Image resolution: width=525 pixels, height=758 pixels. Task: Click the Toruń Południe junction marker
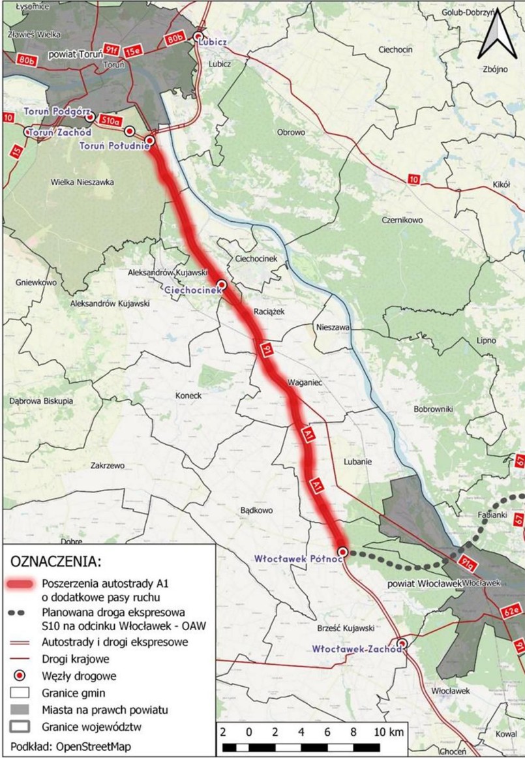pos(150,140)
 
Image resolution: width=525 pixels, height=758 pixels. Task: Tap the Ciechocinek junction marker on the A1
pos(222,284)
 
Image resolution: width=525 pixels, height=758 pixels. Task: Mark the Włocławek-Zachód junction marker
pos(402,644)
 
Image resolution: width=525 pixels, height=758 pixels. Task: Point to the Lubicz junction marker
pos(198,37)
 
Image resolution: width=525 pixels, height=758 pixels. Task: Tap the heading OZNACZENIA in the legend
pos(55,562)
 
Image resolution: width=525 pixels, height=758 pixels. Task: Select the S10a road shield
pos(110,120)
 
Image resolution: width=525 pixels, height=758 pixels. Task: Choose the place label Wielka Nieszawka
pos(82,182)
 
